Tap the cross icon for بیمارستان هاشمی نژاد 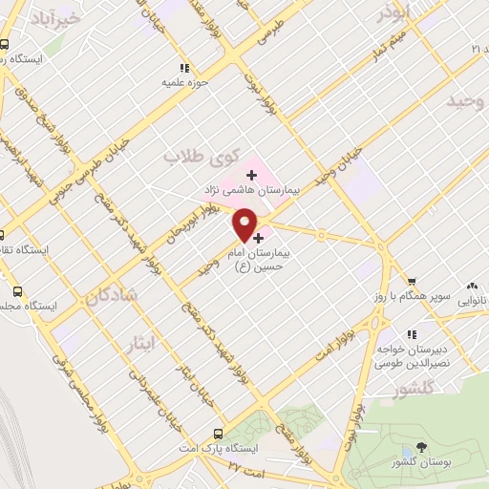pyautogui.click(x=252, y=175)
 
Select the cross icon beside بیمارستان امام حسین pyautogui.click(x=258, y=237)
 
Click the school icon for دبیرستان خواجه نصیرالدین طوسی pyautogui.click(x=412, y=334)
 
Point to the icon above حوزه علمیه pyautogui.click(x=185, y=67)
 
